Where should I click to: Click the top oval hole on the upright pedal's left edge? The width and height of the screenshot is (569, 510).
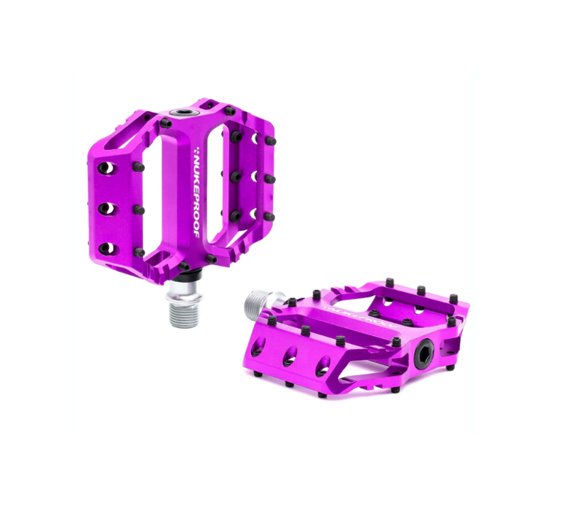pyautogui.click(x=105, y=168)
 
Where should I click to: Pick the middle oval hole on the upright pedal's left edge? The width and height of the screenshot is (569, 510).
pyautogui.click(x=105, y=208)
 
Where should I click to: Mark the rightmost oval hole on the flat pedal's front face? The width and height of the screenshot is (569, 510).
pyautogui.click(x=323, y=367)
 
